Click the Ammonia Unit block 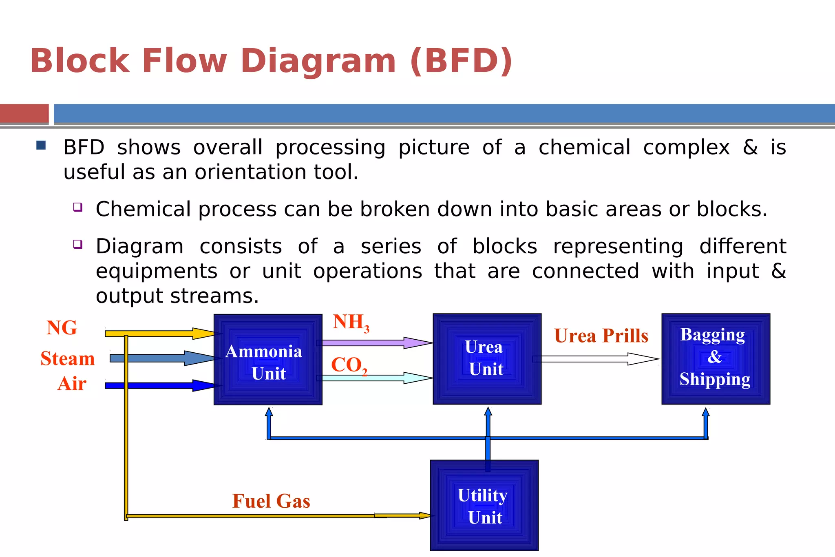pyautogui.click(x=268, y=360)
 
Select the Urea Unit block pyautogui.click(x=487, y=359)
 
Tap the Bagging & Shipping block pyautogui.click(x=716, y=359)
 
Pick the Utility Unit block pyautogui.click(x=484, y=506)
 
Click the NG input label pyautogui.click(x=62, y=328)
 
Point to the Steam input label pyautogui.click(x=68, y=359)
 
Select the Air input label pyautogui.click(x=72, y=384)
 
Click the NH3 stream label pyautogui.click(x=351, y=323)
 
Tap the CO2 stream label pyautogui.click(x=349, y=365)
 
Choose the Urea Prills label pyautogui.click(x=601, y=336)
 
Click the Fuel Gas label pyautogui.click(x=271, y=501)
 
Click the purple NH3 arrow pyautogui.click(x=375, y=343)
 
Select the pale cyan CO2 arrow pyautogui.click(x=375, y=378)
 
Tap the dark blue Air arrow pyautogui.click(x=163, y=385)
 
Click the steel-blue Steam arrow pyautogui.click(x=163, y=358)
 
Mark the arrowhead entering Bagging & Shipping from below pyautogui.click(x=706, y=413)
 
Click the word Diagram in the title pyautogui.click(x=318, y=61)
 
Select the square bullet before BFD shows pyautogui.click(x=41, y=145)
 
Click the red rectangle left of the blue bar pyautogui.click(x=24, y=113)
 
